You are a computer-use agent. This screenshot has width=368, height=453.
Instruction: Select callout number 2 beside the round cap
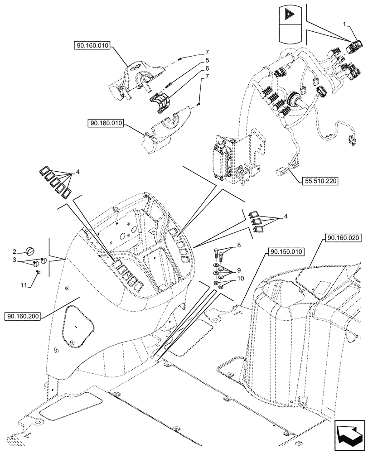coord(15,251)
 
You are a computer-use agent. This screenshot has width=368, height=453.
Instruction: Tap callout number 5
coord(207,60)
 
